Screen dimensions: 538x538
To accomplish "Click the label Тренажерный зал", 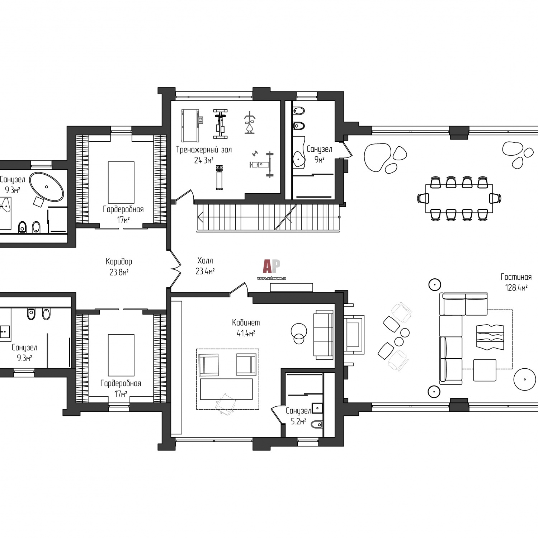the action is pos(204,150).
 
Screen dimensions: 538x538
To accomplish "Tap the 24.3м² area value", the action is pos(204,160).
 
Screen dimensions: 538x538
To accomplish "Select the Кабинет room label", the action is pos(246,322).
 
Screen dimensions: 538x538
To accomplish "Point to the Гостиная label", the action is pos(516,277).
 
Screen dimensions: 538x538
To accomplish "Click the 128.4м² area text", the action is pos(516,287).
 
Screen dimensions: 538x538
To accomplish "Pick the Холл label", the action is pos(205,261).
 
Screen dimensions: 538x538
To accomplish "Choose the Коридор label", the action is pos(119,261).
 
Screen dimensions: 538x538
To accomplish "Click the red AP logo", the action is pos(271,266).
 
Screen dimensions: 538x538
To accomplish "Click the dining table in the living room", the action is pos(459,198).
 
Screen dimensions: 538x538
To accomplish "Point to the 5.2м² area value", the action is pos(298,421).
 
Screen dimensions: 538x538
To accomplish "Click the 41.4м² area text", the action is pos(246,333).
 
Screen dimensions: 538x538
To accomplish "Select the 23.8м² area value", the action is pos(119,272).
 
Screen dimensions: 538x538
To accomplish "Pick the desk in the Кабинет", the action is pos(226,389).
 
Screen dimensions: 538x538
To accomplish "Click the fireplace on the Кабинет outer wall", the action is pos(354,335).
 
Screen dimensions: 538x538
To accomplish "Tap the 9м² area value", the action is pos(319,160).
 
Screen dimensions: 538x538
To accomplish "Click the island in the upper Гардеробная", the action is pos(121,183).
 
